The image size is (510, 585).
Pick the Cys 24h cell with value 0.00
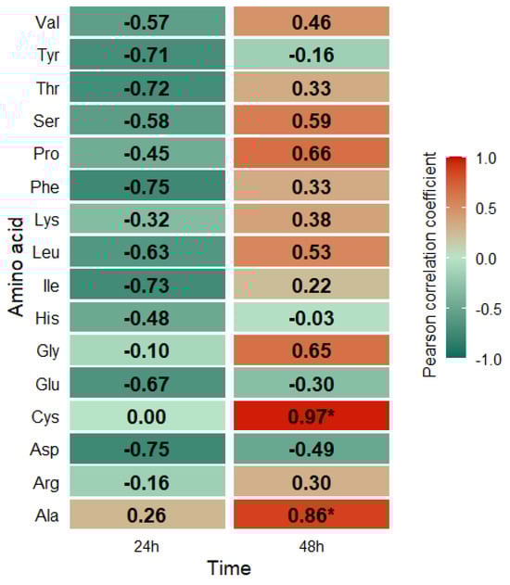click(x=147, y=416)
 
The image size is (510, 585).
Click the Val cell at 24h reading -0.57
click(x=147, y=21)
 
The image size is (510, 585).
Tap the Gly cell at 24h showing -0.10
click(x=147, y=350)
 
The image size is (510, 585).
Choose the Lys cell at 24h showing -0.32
click(x=147, y=219)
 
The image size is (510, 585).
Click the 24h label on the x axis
click(x=147, y=545)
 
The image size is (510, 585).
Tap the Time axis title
click(x=228, y=567)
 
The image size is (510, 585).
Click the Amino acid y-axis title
click(x=17, y=269)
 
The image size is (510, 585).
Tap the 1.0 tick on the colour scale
click(x=487, y=159)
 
